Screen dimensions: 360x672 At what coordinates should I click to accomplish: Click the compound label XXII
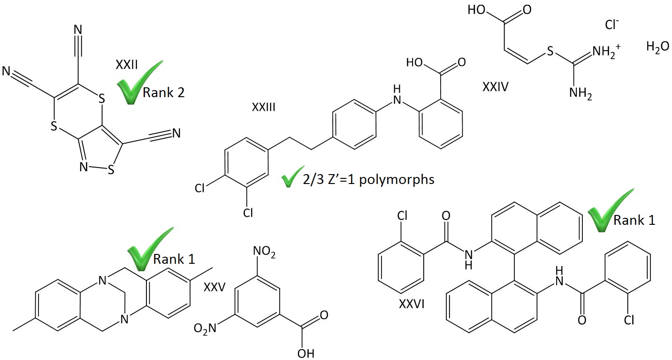pyautogui.click(x=126, y=64)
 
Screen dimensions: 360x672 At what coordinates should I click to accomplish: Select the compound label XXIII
pyautogui.click(x=263, y=108)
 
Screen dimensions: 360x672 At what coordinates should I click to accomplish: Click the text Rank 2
pyautogui.click(x=163, y=93)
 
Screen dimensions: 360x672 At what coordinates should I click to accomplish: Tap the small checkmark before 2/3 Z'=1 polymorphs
pyautogui.click(x=290, y=180)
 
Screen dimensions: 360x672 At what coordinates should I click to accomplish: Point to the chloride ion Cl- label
pyautogui.click(x=612, y=25)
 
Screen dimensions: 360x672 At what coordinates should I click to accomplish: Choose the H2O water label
pyautogui.click(x=657, y=47)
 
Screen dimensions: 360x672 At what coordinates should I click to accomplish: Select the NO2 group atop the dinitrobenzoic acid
pyautogui.click(x=264, y=255)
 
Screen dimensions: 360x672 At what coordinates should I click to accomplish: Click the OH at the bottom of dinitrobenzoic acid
pyautogui.click(x=305, y=352)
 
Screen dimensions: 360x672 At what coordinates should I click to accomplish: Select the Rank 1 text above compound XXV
pyautogui.click(x=174, y=259)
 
